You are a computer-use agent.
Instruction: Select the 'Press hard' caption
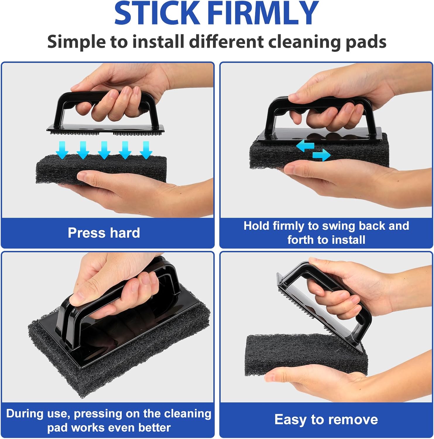(104, 233)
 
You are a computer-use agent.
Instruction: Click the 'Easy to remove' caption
(326, 419)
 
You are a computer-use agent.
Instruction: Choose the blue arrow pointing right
(321, 155)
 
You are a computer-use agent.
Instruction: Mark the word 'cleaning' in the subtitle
(305, 42)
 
